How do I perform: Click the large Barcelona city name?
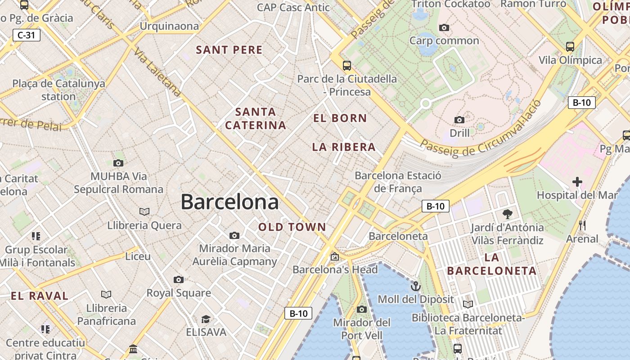[x=229, y=202]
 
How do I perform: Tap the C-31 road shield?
[x=27, y=35]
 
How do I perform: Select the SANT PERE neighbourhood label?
[x=229, y=50]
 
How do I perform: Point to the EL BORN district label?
[x=340, y=118]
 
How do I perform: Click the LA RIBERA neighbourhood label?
[x=344, y=147]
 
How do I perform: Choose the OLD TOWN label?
[x=292, y=227]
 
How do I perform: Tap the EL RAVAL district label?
[x=40, y=296]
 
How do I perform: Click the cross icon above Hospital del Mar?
[x=577, y=182]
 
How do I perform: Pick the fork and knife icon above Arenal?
[x=582, y=225]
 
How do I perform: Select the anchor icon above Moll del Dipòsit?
[x=415, y=286]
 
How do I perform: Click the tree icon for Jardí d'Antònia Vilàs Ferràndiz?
[x=507, y=214]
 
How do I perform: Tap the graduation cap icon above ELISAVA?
[x=206, y=319]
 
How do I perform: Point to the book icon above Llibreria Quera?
[x=144, y=211]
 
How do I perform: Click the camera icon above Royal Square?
[x=178, y=280]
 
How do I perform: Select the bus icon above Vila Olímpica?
[x=570, y=46]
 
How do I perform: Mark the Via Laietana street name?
[x=158, y=73]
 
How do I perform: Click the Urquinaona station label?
[x=169, y=26]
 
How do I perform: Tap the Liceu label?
[x=138, y=256]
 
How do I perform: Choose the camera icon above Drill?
[x=459, y=120]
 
